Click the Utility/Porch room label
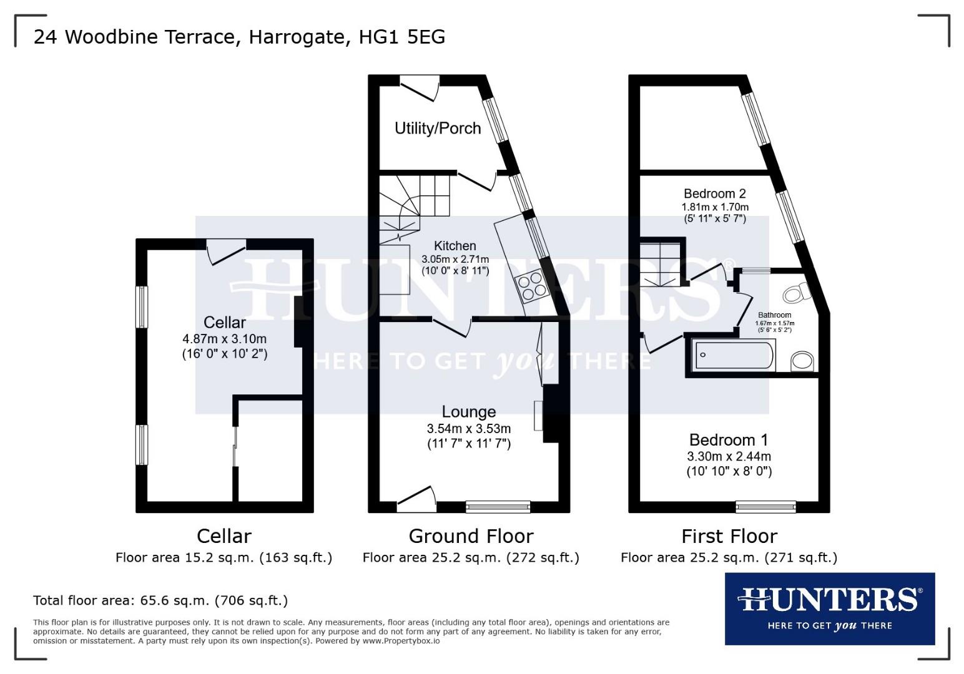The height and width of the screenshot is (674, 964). [438, 128]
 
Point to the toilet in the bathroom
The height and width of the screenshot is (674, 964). [797, 293]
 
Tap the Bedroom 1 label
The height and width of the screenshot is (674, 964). [729, 439]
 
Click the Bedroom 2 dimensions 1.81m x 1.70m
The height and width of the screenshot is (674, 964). [715, 207]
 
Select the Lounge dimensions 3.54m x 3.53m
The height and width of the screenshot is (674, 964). [469, 428]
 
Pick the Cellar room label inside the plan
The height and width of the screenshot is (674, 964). [225, 322]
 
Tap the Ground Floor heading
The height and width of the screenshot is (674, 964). [471, 536]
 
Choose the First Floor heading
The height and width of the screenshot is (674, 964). [729, 536]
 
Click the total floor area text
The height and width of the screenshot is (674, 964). [160, 600]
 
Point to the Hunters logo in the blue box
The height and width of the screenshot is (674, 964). [830, 608]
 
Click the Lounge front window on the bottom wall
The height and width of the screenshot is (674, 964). [498, 507]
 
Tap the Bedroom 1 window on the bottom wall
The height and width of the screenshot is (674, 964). [765, 507]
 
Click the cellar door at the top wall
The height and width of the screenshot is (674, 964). [226, 252]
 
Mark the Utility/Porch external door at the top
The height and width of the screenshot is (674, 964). [420, 89]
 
